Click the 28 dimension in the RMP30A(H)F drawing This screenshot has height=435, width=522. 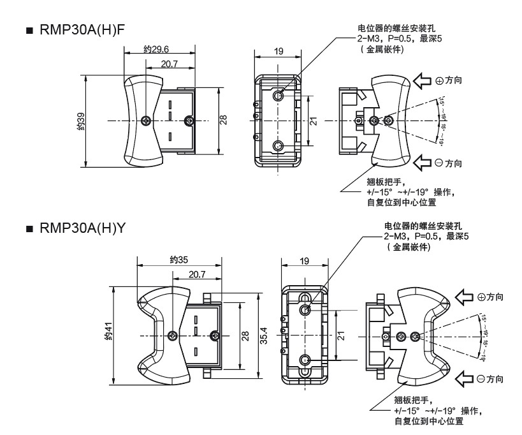[x=223, y=120]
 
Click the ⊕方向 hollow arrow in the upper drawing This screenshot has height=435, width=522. [x=424, y=81]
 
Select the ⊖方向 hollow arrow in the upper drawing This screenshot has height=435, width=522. [x=424, y=162]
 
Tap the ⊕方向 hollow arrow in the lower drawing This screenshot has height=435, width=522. [x=464, y=297]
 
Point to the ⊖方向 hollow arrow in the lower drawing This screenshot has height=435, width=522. [x=464, y=379]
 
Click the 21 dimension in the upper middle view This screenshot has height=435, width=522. [x=313, y=120]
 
